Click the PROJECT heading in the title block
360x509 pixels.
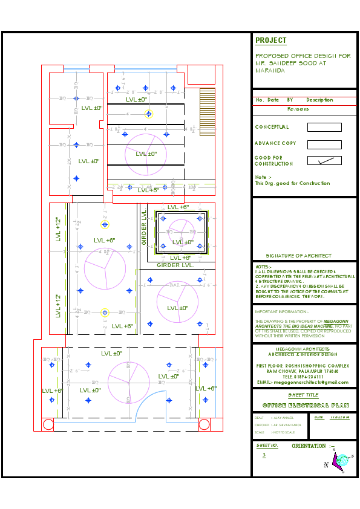click(270, 41)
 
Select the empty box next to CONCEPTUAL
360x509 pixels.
click(324, 128)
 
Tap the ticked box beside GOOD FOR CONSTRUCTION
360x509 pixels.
click(324, 160)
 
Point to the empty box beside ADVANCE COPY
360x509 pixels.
click(324, 144)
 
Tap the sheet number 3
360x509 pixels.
click(264, 455)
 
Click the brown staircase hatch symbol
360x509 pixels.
click(207, 106)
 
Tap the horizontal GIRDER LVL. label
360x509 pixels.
click(175, 265)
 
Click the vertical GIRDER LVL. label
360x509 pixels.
click(144, 228)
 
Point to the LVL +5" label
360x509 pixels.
click(148, 190)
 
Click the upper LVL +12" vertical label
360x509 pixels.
click(58, 229)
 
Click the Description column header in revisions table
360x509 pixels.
click(319, 100)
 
